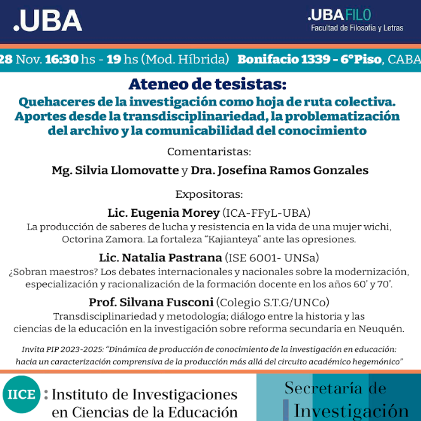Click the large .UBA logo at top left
(x=47, y=21)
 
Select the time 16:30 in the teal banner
(x=61, y=60)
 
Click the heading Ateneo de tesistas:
(x=207, y=84)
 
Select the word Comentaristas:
(x=209, y=152)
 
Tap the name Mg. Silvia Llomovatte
(x=115, y=170)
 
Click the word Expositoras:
(x=209, y=195)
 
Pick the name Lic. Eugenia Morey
(x=163, y=212)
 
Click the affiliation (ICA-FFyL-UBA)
(x=266, y=212)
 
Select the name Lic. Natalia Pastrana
(x=160, y=257)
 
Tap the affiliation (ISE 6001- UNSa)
(x=272, y=257)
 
